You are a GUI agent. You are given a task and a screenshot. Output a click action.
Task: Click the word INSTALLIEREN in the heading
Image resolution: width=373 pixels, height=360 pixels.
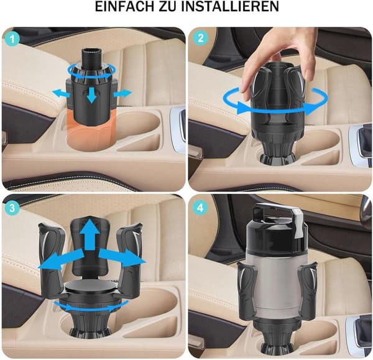coord(230,6)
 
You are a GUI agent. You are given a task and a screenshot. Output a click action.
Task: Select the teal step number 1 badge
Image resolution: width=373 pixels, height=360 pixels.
coord(12,39)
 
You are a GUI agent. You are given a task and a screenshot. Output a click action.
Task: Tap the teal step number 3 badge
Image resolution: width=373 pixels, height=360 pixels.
coord(12,208)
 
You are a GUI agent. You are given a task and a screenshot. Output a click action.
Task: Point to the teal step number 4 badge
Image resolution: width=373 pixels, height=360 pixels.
coord(200,208)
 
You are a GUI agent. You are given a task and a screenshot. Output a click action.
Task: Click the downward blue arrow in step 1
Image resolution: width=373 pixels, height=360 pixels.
coord(91,95)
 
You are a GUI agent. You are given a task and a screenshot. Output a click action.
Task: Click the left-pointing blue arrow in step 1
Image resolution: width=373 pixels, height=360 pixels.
coord(61,93)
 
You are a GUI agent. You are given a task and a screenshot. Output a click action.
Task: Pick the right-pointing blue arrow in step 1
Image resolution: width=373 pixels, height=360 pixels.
coord(122,93)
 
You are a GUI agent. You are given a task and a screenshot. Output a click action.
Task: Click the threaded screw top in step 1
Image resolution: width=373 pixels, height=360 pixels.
coord(91,57)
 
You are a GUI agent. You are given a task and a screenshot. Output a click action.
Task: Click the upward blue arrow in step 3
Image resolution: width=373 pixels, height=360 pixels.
coord(90,235)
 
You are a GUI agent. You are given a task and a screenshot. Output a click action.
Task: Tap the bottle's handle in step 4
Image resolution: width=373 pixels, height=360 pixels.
coord(278,215)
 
